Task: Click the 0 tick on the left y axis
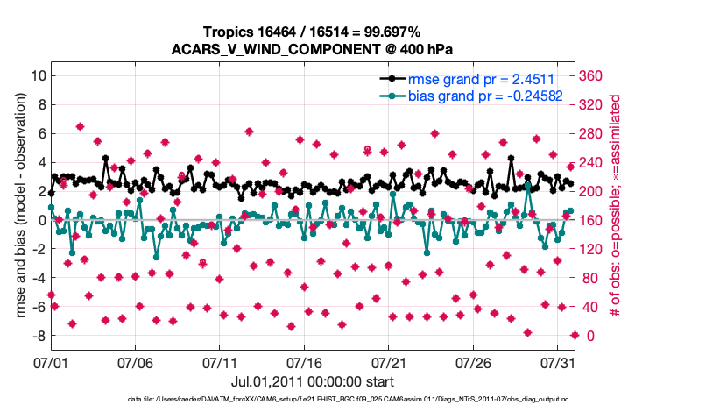pos(39,220)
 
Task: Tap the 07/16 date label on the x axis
pos(304,362)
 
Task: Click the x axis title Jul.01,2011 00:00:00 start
pos(312,381)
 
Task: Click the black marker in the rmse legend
pos(392,79)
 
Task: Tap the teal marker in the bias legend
pos(392,96)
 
